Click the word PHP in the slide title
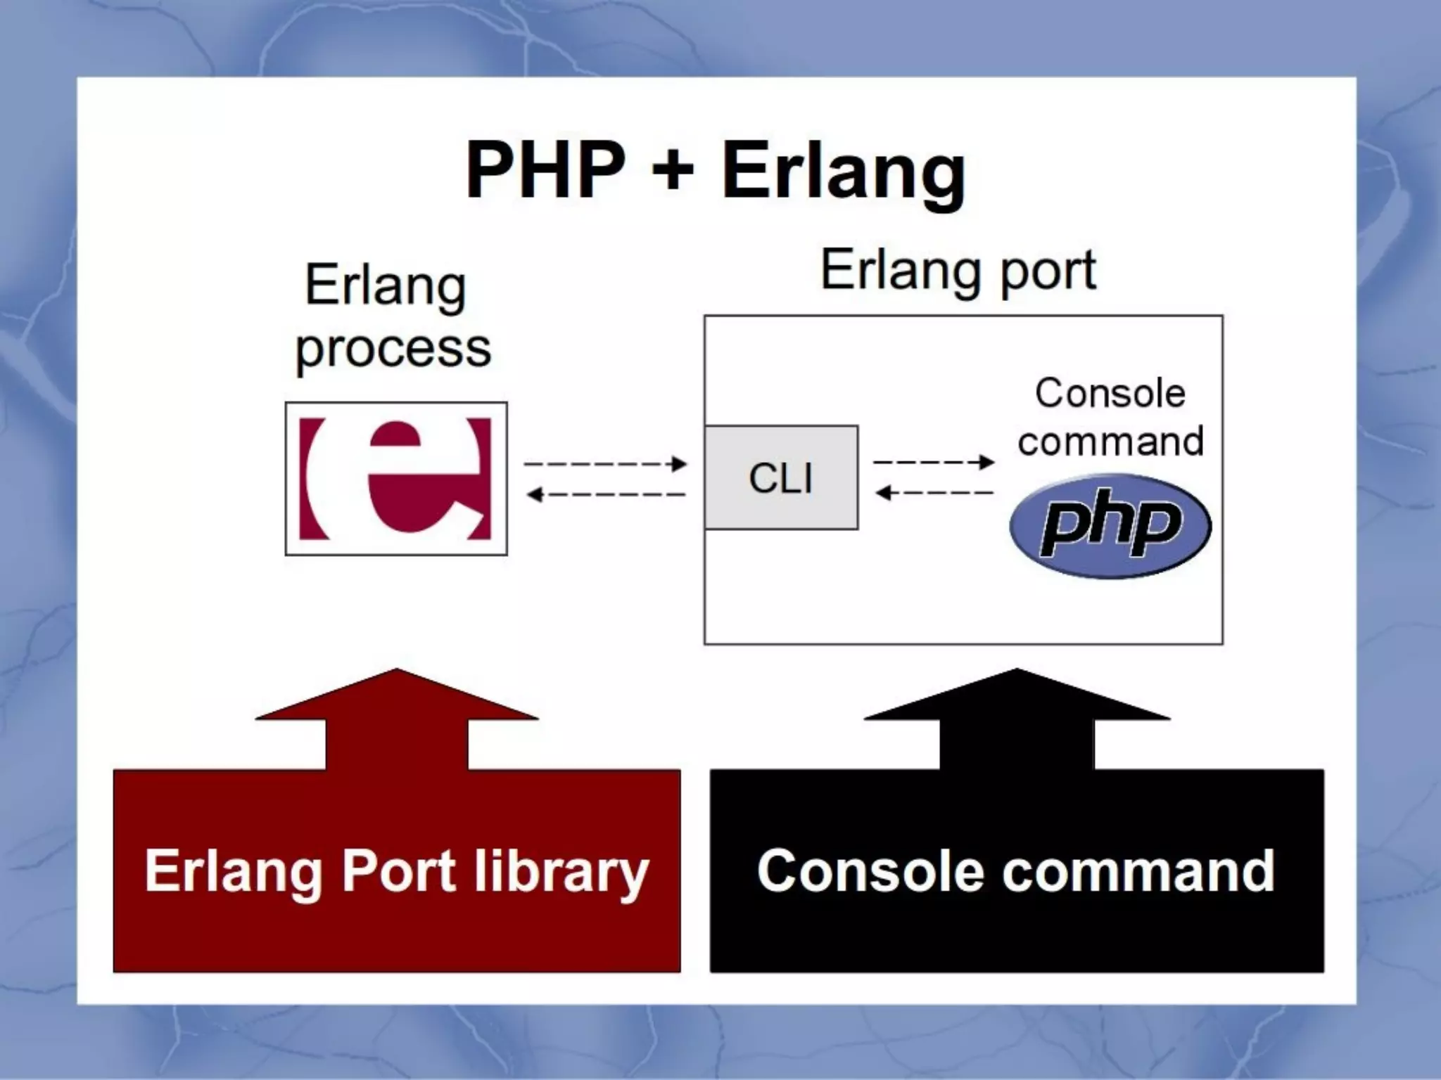click(545, 171)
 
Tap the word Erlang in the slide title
click(843, 172)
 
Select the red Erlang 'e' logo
click(395, 479)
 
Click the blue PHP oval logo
click(1110, 526)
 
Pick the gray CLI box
click(781, 477)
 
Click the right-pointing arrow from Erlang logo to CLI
click(605, 464)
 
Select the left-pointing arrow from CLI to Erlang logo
click(605, 495)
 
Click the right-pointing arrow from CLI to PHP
click(933, 462)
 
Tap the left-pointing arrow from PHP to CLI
click(933, 493)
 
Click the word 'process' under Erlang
click(393, 348)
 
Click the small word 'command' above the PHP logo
click(1110, 442)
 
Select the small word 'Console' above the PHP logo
click(1110, 393)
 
